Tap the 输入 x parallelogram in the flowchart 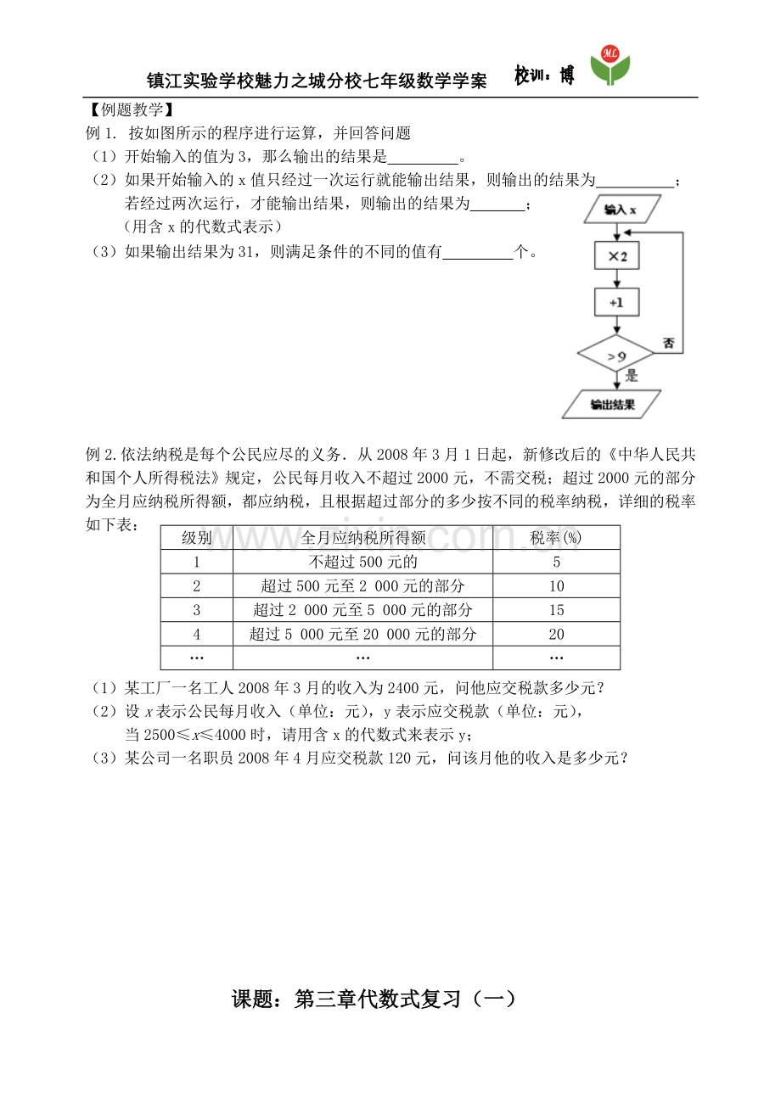(622, 210)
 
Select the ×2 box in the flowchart (617, 255)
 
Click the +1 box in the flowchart (617, 302)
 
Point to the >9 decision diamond (616, 353)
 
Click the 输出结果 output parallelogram (611, 404)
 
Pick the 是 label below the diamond (632, 376)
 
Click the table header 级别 (197, 537)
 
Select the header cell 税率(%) (555, 537)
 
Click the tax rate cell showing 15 (556, 609)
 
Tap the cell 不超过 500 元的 (362, 562)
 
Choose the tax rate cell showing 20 (556, 634)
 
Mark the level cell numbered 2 (197, 585)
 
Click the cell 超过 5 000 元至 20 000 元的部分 (362, 634)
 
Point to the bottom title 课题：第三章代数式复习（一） (374, 999)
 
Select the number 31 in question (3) (245, 252)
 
